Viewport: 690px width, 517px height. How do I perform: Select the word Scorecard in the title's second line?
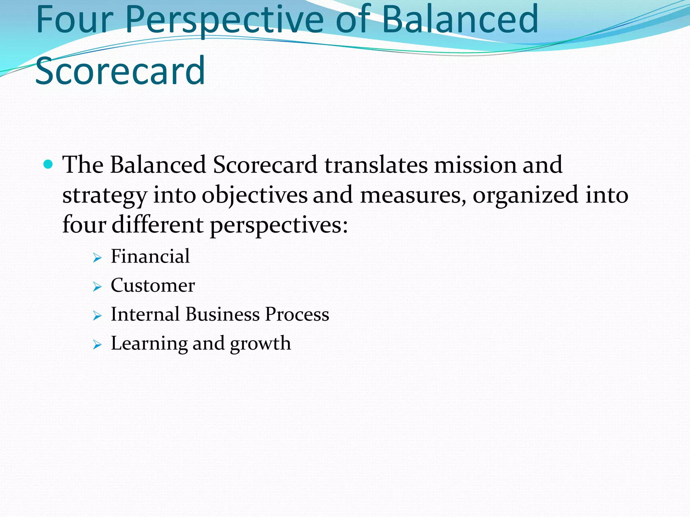click(120, 71)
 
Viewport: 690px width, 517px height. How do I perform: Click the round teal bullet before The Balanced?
click(49, 165)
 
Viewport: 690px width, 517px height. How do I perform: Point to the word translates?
click(376, 165)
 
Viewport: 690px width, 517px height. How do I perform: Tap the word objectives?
click(254, 195)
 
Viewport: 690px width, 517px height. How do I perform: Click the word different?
click(157, 225)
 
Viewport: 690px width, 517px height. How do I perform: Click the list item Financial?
click(150, 256)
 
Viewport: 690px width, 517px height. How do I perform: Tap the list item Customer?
click(153, 285)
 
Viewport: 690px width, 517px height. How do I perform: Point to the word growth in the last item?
click(260, 344)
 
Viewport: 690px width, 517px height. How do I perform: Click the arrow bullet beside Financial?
click(97, 258)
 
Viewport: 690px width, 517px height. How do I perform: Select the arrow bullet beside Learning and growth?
click(97, 345)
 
